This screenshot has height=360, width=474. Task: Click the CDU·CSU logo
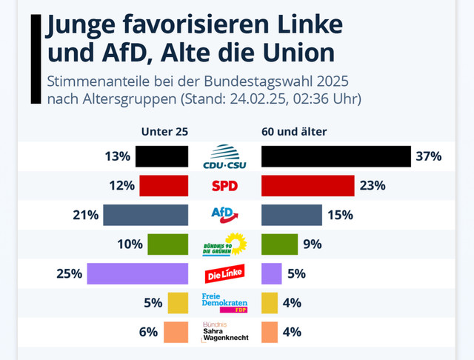tap(224, 156)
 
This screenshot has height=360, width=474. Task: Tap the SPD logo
tap(224, 186)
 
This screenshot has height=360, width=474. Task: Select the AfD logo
tap(224, 215)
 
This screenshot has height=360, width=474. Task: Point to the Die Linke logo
tap(224, 273)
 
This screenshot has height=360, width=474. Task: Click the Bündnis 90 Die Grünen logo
tap(224, 244)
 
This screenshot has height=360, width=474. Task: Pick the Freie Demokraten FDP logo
tap(224, 302)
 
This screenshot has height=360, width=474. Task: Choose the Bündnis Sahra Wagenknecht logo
tap(225, 332)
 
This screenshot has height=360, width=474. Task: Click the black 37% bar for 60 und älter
tap(336, 156)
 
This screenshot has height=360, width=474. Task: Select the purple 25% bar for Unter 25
tap(138, 273)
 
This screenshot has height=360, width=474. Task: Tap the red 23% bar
tap(308, 186)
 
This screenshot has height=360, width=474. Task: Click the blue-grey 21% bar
tap(145, 215)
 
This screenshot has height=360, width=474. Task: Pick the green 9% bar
tap(280, 244)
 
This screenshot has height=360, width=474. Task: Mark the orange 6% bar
tap(176, 332)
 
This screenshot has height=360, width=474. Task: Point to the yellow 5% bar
tap(178, 303)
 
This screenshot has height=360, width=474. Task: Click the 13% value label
tap(118, 156)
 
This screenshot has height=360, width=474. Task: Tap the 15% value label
tap(341, 215)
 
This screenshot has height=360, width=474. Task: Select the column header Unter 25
tap(164, 132)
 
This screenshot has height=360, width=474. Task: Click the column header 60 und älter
tap(294, 132)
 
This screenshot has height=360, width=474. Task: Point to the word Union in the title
tap(298, 53)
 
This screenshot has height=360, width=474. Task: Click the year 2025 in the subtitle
tap(333, 81)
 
